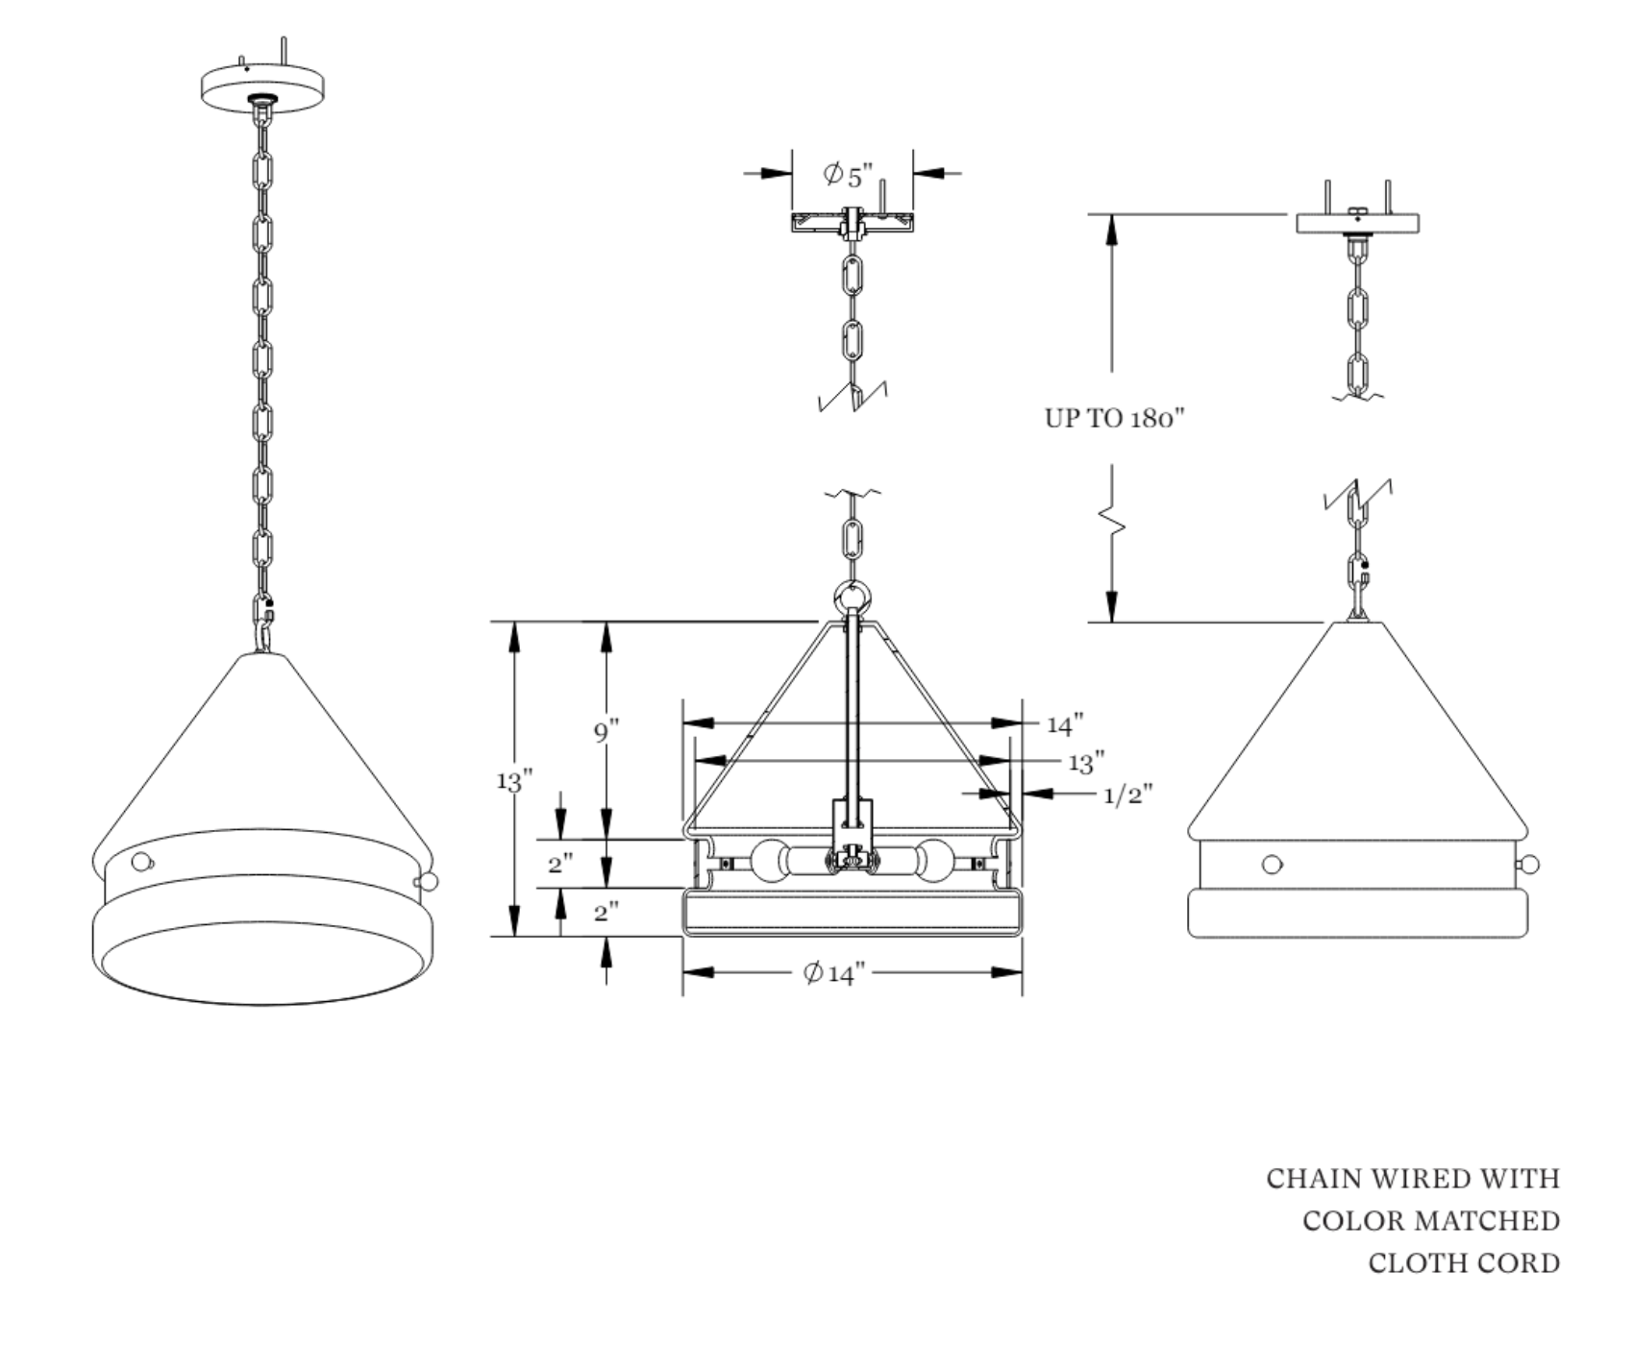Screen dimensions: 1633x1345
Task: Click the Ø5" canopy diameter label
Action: coord(848,175)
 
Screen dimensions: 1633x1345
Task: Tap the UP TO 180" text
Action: coord(1114,418)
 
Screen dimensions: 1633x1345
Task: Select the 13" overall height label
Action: coord(514,781)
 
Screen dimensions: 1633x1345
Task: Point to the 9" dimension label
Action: coord(606,732)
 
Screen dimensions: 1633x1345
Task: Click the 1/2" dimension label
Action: coord(1127,795)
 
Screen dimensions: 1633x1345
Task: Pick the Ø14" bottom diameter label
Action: coord(834,973)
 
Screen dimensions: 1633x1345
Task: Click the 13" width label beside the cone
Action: coord(1086,763)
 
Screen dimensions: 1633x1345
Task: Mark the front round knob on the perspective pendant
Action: coord(141,862)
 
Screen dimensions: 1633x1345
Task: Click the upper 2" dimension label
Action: coord(560,863)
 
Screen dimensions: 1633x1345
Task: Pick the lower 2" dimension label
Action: coord(606,911)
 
